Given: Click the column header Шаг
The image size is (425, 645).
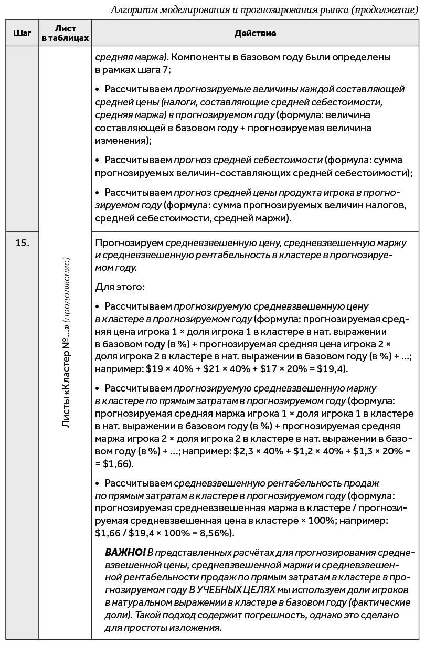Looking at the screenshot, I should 22,33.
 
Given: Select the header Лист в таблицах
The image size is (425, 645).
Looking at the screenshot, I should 66,33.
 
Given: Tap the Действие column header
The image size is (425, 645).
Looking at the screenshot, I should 255,33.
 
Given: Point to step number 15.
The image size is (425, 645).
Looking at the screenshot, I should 22,242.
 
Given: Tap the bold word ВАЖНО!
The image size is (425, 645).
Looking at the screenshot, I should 125,552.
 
